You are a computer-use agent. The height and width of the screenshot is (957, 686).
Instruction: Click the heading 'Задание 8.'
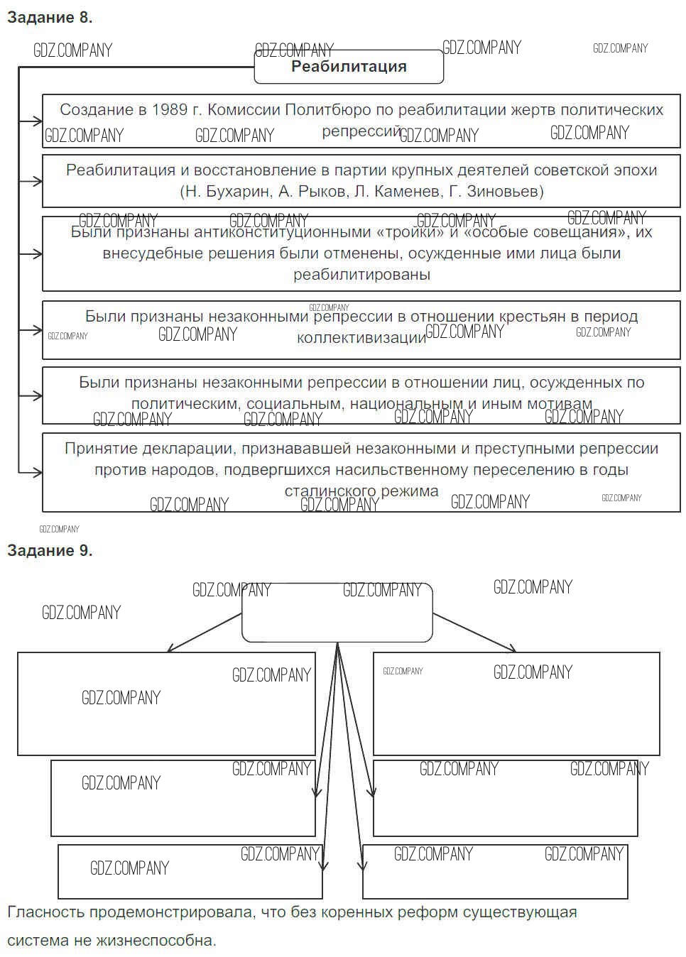point(50,18)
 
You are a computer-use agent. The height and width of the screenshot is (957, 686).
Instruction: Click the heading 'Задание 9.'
point(50,551)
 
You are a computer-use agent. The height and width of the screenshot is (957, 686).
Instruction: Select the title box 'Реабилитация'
point(349,67)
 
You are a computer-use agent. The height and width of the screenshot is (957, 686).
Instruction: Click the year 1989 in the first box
point(170,110)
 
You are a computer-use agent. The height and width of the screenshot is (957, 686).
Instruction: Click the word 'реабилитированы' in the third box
point(361,275)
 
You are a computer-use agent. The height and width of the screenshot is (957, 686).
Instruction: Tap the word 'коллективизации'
point(361,338)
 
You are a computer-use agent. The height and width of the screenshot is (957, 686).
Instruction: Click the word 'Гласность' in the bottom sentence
point(43,912)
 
